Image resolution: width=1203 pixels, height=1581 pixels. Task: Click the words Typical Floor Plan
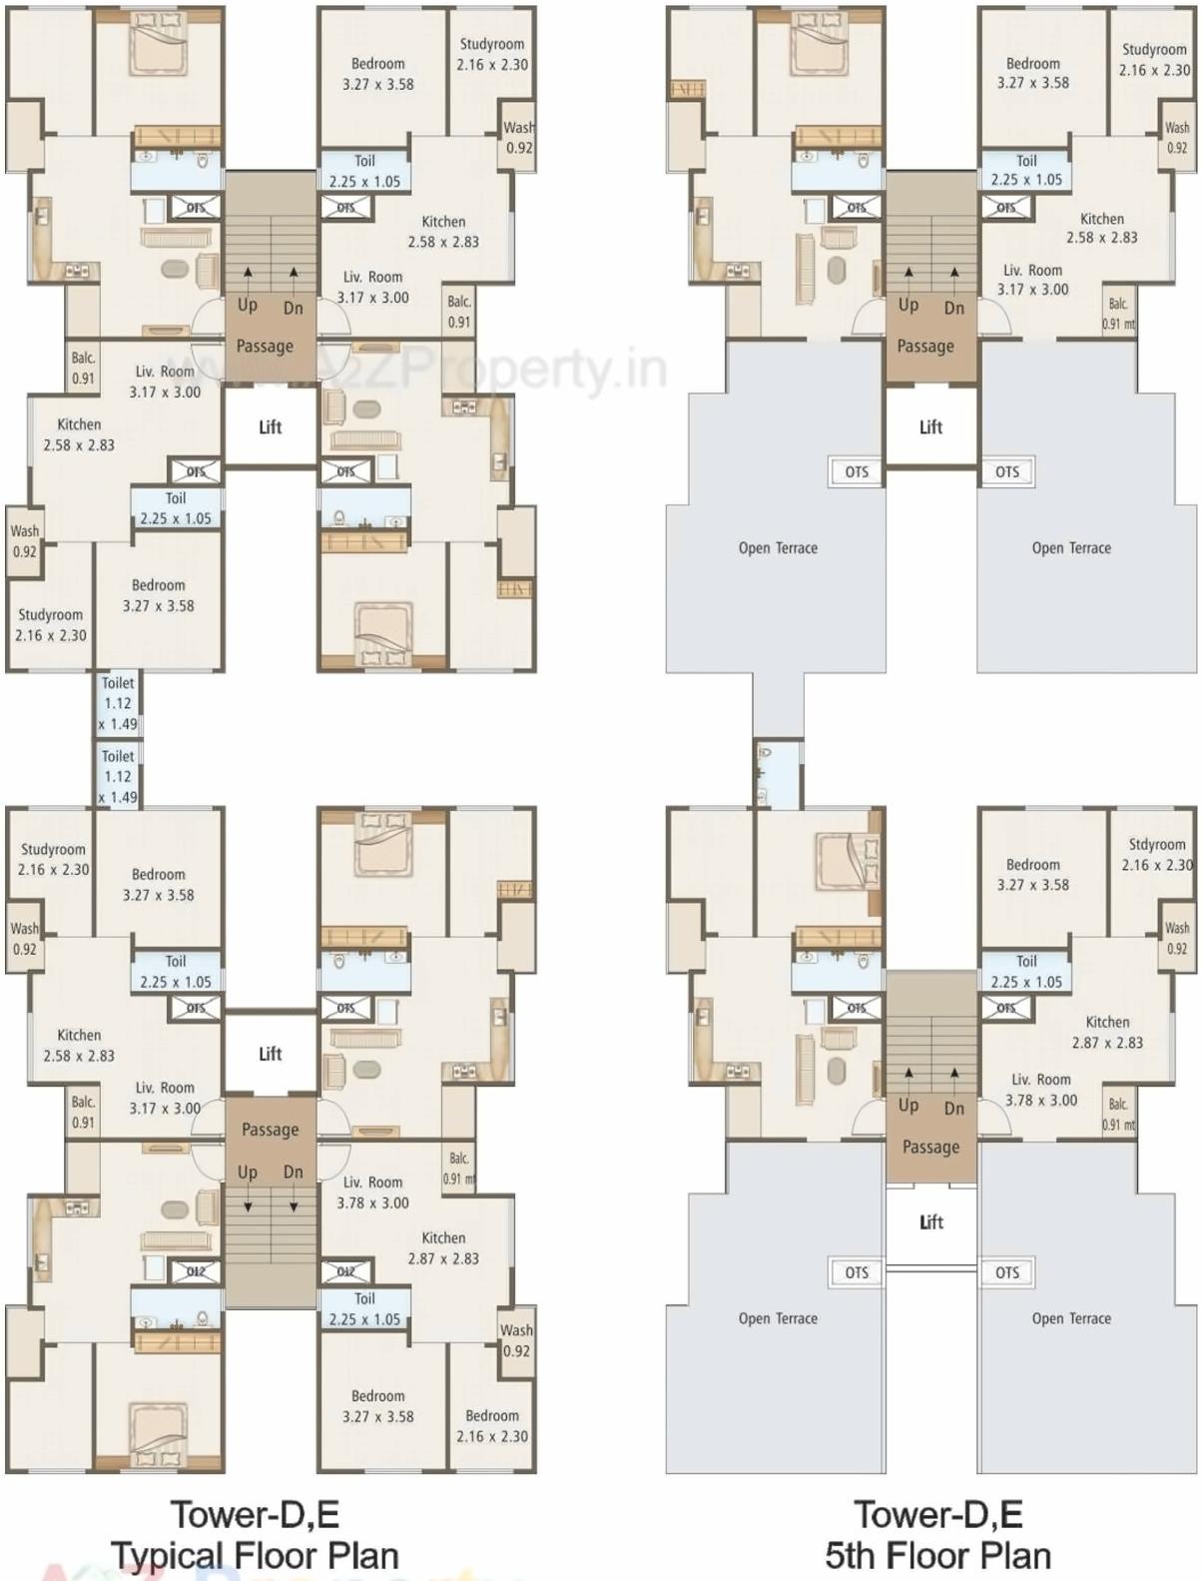click(x=255, y=1555)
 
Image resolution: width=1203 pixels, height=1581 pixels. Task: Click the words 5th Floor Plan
click(x=937, y=1555)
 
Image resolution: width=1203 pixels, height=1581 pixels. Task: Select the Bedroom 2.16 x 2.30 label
click(x=492, y=1425)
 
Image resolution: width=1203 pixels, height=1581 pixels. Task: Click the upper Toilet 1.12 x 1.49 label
click(x=118, y=703)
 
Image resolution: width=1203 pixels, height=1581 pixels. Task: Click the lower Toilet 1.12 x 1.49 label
click(x=118, y=776)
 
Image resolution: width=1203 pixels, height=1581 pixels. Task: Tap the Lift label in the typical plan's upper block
click(x=271, y=426)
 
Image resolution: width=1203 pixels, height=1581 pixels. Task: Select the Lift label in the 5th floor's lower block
click(x=930, y=1222)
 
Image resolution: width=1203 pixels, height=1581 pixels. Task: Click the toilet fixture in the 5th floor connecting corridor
click(x=765, y=756)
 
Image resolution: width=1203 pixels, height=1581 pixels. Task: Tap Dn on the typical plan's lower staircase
click(x=293, y=1173)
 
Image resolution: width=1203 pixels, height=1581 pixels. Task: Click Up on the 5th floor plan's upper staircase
click(x=907, y=304)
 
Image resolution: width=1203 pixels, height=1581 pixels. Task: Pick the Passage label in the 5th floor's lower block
click(x=930, y=1147)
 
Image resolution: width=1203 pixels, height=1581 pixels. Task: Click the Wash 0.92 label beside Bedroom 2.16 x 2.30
click(x=516, y=1340)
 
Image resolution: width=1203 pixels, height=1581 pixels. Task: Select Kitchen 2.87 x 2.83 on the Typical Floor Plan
click(x=442, y=1247)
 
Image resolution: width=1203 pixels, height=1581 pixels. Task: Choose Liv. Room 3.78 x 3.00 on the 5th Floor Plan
click(x=1040, y=1090)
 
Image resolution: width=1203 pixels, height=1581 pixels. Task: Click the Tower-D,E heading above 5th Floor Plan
click(x=937, y=1514)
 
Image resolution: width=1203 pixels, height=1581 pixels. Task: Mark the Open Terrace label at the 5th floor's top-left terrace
click(x=778, y=547)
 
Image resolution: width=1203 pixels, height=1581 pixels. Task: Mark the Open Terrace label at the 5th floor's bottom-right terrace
click(x=1071, y=1318)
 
